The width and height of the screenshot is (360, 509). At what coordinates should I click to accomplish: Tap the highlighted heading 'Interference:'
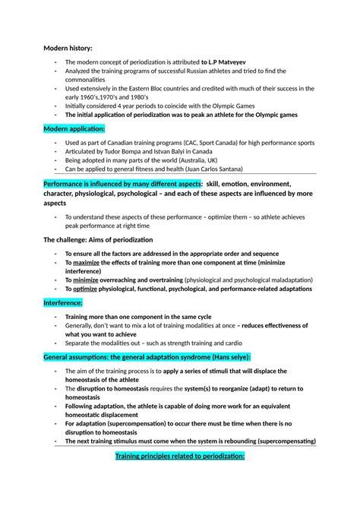(x=67, y=302)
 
